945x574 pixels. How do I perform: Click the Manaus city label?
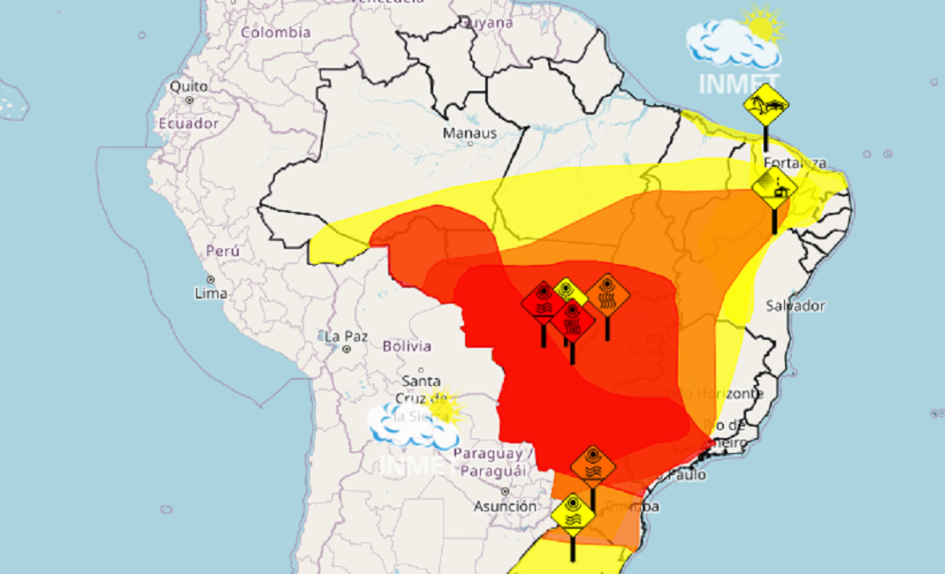click(x=469, y=133)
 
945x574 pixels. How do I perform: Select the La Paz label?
click(x=345, y=336)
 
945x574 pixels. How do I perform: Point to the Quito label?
click(x=189, y=87)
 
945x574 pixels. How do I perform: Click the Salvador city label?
click(x=796, y=306)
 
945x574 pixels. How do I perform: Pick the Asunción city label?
click(x=505, y=506)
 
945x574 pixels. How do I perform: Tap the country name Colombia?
click(x=276, y=33)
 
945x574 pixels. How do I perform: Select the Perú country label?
click(x=222, y=251)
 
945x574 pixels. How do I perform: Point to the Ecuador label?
click(x=188, y=124)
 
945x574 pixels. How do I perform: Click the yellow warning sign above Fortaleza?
click(x=766, y=107)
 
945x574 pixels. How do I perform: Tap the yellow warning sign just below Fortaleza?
click(x=774, y=188)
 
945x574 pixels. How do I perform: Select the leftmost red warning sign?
click(x=543, y=303)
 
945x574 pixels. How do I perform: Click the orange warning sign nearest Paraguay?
click(x=592, y=466)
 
